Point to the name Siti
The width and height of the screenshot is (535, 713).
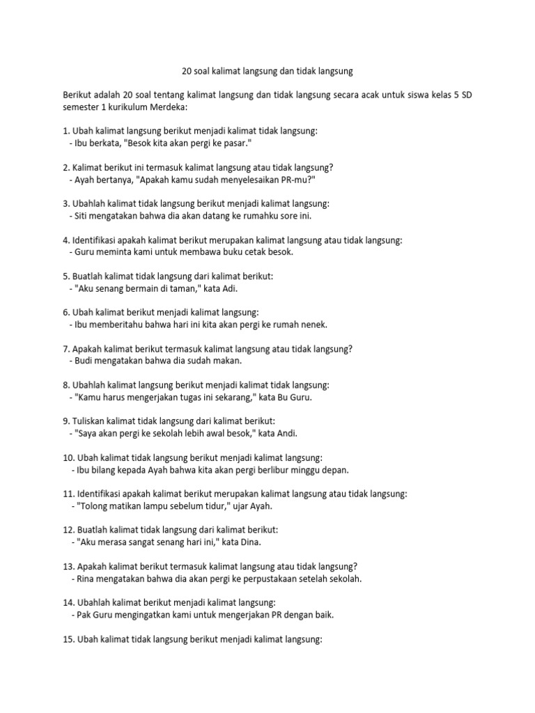point(79,215)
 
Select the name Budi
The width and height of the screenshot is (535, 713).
point(80,361)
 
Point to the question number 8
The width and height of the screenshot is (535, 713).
point(66,384)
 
